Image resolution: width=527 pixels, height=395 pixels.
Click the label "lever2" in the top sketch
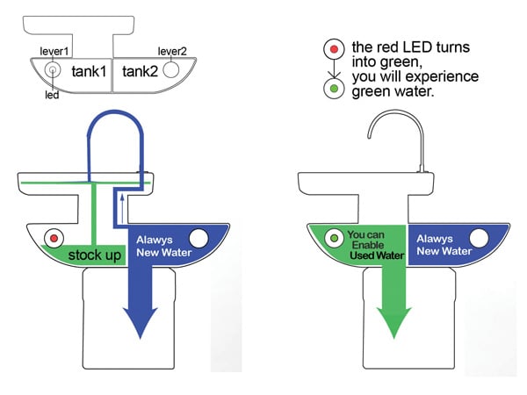(x=173, y=52)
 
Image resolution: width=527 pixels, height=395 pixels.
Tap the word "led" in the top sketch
(x=52, y=95)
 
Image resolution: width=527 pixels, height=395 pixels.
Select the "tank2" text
(x=141, y=72)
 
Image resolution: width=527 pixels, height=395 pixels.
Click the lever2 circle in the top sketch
(x=174, y=68)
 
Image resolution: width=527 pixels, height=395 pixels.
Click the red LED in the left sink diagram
(x=54, y=238)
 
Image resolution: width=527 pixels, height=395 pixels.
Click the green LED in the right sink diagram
(x=334, y=238)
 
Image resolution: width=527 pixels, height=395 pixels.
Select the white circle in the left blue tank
(x=199, y=238)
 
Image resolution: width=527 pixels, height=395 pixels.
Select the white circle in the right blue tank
(x=480, y=238)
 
